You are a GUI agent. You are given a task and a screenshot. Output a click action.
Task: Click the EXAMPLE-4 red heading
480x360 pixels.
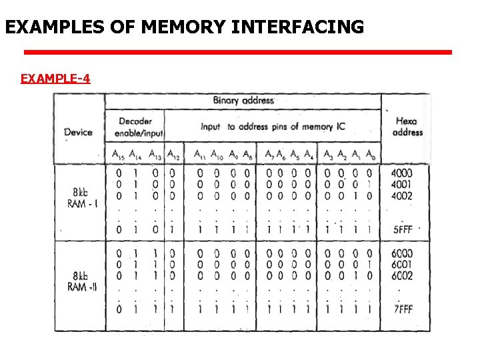pos(55,79)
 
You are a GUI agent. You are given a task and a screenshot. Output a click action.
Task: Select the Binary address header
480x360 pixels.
pos(243,101)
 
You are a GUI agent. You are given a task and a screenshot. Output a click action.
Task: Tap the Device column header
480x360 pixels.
pos(78,132)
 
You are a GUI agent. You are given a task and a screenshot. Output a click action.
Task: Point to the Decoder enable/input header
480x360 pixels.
pos(135,126)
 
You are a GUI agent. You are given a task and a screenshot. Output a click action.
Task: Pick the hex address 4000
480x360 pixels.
pos(402,173)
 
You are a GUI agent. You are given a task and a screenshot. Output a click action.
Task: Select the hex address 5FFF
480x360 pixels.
pos(402,229)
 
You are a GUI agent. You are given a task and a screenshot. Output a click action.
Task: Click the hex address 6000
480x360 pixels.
pos(402,254)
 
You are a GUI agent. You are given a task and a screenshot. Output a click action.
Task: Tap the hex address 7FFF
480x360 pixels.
pos(402,309)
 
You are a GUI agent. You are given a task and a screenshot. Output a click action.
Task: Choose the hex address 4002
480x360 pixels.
pos(402,196)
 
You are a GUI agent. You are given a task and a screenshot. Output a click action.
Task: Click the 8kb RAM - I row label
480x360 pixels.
pos(82,198)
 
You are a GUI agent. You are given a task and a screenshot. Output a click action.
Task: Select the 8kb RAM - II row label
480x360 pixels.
pos(82,281)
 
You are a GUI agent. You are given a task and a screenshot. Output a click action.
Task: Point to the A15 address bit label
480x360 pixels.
pos(118,155)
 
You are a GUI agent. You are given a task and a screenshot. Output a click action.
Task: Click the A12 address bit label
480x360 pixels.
pos(173,155)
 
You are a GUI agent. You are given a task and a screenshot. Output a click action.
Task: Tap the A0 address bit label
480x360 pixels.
pos(369,155)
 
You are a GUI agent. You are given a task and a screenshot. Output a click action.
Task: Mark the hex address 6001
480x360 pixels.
pos(402,265)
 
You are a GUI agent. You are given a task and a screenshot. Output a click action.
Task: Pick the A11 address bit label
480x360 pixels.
pos(199,155)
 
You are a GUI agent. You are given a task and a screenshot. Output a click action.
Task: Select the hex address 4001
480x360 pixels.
pos(402,185)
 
